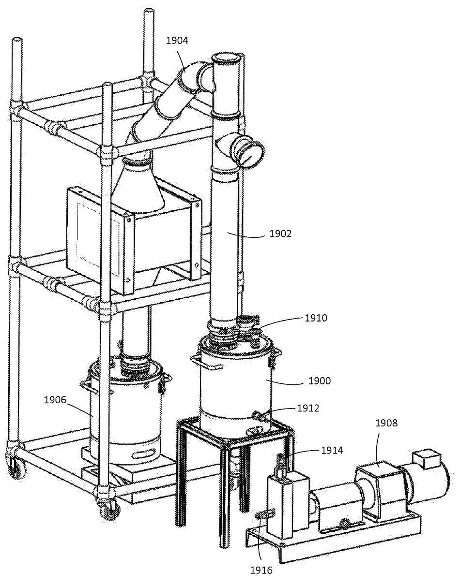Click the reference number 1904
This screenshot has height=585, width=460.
(177, 41)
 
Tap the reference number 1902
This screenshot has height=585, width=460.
(280, 234)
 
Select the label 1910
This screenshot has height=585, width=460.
(316, 318)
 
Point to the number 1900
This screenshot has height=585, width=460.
(320, 381)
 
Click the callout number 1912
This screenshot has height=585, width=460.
(308, 408)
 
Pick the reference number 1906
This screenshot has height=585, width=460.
(56, 400)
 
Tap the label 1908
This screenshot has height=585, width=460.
(386, 423)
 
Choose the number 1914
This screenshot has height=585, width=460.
(332, 451)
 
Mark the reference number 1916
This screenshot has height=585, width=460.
(261, 570)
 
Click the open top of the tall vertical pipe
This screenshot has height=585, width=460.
(227, 60)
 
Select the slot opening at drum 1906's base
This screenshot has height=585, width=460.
(144, 454)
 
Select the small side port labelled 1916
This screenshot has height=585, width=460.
(261, 516)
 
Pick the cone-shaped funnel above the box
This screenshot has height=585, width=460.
(140, 186)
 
